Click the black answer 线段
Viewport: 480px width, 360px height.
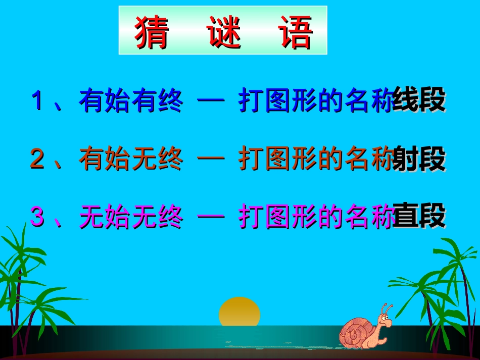(419, 100)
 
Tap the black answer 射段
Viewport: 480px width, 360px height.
(419, 159)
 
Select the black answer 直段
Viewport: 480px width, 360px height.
(419, 217)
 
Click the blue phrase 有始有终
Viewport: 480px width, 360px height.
(131, 100)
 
